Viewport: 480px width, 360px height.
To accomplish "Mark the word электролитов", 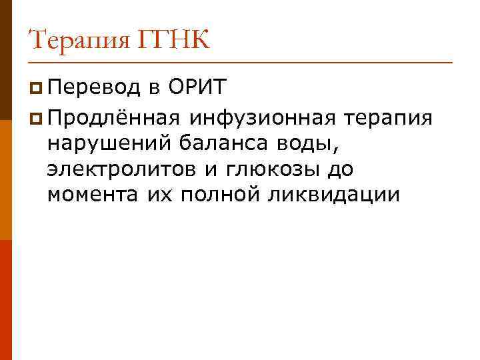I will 123,170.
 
